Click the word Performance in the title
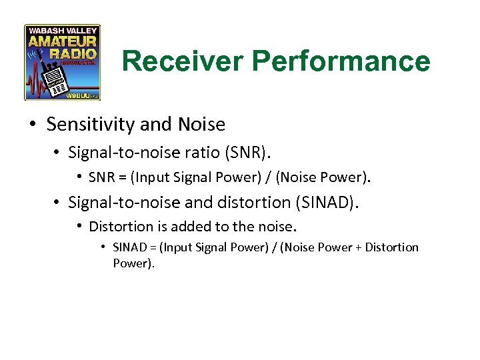coord(341,61)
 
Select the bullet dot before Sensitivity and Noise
coord(33,125)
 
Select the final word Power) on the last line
coord(134,263)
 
